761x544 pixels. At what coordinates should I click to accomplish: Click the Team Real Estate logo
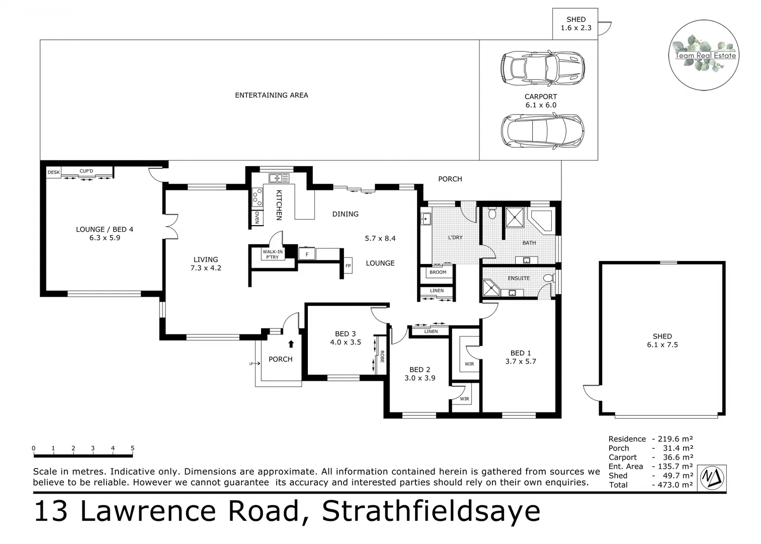pos(704,55)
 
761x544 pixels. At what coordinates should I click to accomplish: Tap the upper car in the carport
pos(542,68)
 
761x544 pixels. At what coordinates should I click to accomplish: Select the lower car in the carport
pos(542,131)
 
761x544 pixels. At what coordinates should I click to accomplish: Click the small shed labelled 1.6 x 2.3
pos(575,24)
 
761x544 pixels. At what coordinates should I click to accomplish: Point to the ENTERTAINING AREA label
pos(271,95)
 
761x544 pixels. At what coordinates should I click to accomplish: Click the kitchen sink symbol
pos(279,178)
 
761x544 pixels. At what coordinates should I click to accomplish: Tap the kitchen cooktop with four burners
pos(257,197)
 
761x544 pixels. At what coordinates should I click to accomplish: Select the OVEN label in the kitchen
pos(257,218)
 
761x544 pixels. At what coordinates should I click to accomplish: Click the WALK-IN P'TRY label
pos(273,254)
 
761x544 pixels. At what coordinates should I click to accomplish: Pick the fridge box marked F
pos(307,254)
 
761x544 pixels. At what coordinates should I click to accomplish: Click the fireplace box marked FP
pos(348,265)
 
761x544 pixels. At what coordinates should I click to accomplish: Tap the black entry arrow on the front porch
pos(291,344)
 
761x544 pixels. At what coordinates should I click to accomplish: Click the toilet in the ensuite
pos(549,278)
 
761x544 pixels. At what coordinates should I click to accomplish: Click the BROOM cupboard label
pos(438,273)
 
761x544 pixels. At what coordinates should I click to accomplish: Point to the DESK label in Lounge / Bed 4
pos(53,172)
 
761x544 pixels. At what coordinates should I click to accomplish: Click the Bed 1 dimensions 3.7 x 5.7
pos(521,361)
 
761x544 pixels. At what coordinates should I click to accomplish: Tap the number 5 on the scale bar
pos(132,448)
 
